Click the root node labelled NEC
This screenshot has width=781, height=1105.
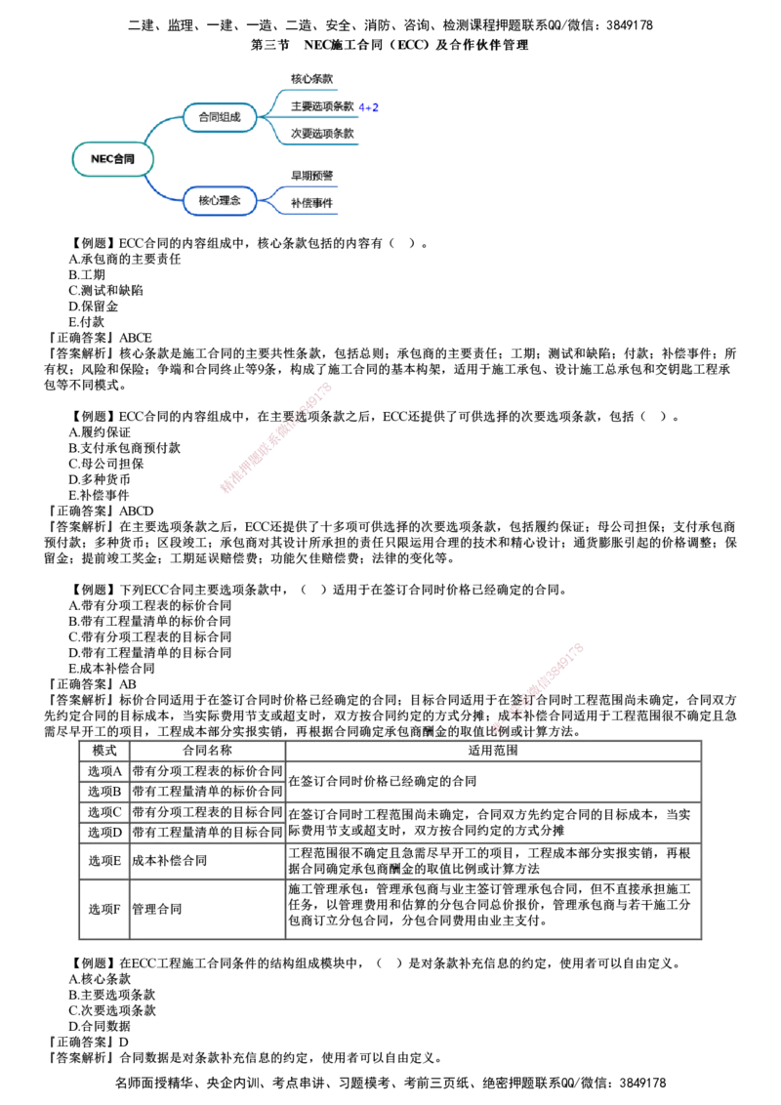[113, 159]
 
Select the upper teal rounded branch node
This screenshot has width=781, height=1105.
[220, 117]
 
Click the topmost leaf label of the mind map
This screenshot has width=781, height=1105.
[312, 78]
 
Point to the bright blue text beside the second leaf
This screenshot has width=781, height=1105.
[369, 107]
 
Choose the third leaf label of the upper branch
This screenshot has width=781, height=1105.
[320, 134]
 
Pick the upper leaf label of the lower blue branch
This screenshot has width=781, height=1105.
[312, 176]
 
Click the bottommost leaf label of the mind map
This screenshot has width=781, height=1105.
[312, 203]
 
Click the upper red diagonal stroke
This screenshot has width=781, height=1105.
[277, 436]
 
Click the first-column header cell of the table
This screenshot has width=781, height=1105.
[103, 749]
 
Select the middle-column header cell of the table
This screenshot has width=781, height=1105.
[207, 749]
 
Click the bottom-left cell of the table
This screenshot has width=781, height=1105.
[103, 909]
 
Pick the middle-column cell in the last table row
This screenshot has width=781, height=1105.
[207, 909]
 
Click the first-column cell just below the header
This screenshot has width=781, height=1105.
[103, 771]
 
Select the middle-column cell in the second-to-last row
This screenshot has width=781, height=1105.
[207, 861]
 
